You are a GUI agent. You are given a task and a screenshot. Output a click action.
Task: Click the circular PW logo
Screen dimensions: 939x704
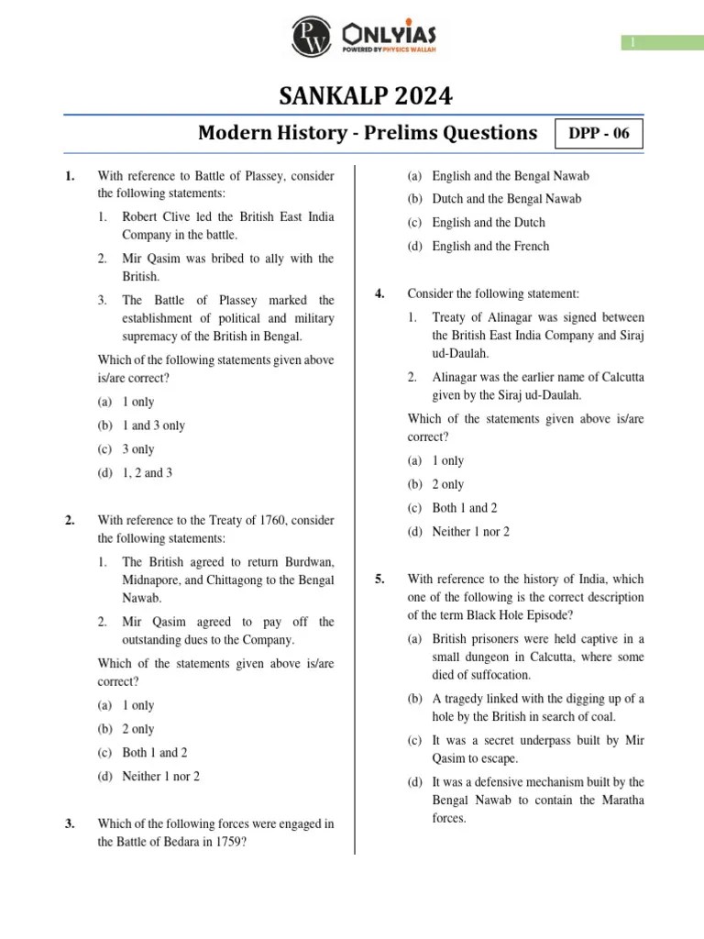point(312,38)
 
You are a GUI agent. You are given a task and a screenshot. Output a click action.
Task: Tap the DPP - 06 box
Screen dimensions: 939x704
point(599,134)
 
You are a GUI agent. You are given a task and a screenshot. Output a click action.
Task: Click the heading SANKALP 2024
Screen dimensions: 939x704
point(352,95)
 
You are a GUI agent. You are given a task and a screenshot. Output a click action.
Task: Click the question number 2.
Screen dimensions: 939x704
point(70,521)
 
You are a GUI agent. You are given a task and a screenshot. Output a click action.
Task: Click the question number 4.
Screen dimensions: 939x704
point(379,293)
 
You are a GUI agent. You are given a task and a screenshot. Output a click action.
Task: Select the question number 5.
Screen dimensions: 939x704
point(379,580)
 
